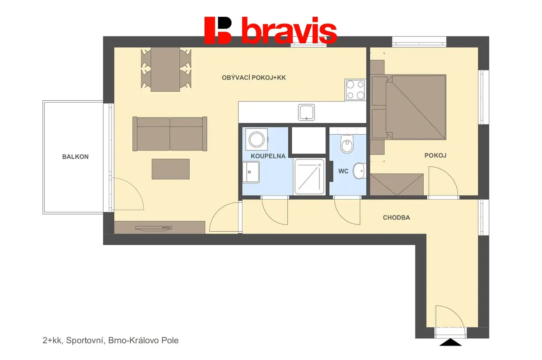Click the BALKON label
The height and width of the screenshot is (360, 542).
pyautogui.click(x=75, y=157)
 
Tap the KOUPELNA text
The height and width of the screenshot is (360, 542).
pyautogui.click(x=268, y=156)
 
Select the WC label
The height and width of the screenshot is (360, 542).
pyautogui.click(x=343, y=171)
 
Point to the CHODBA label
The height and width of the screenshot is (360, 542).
pyautogui.click(x=397, y=218)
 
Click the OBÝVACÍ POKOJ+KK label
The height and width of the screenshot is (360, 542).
pyautogui.click(x=254, y=78)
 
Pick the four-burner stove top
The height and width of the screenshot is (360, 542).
pyautogui.click(x=355, y=90)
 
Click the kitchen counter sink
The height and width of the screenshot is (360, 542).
pyautogui.click(x=306, y=112)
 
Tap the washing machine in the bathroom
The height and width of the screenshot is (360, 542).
pyautogui.click(x=257, y=140)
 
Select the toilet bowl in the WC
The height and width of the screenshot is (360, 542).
pyautogui.click(x=347, y=144)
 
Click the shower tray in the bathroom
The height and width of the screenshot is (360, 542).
pyautogui.click(x=309, y=176)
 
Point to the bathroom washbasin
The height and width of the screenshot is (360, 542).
pyautogui.click(x=251, y=172)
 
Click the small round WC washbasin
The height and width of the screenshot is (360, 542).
pyautogui.click(x=360, y=171)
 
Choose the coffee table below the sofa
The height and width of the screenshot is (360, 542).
pyautogui.click(x=171, y=169)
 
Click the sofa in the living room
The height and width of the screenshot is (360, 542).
pyautogui.click(x=170, y=134)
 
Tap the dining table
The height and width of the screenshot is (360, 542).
pyautogui.click(x=165, y=70)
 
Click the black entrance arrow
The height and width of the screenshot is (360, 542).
pyautogui.click(x=450, y=342)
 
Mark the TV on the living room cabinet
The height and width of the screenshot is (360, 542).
pyautogui.click(x=154, y=228)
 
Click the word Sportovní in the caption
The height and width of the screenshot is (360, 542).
pyautogui.click(x=85, y=341)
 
